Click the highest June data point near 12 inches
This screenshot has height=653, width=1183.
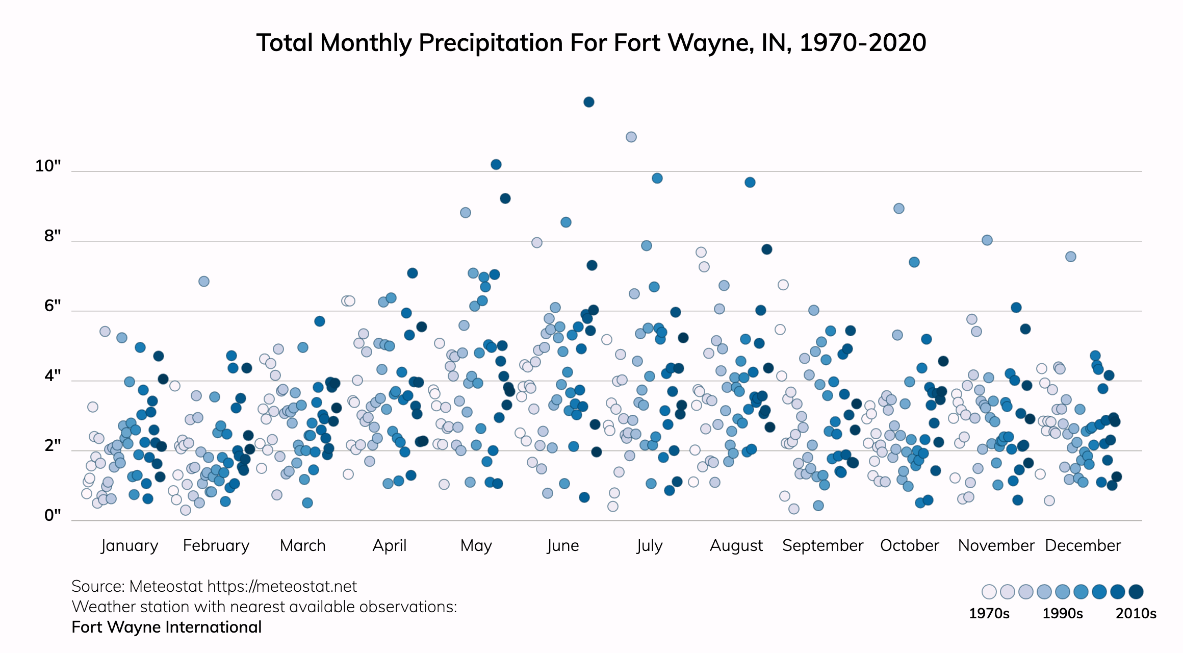(x=588, y=102)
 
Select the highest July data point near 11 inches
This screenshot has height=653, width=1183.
(x=631, y=137)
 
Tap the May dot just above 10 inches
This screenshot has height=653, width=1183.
(x=496, y=164)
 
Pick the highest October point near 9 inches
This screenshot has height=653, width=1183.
(x=898, y=208)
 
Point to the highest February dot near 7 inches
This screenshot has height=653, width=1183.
(x=203, y=281)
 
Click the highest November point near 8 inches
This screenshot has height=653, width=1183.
(x=987, y=240)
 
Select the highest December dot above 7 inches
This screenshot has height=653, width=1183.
(x=1070, y=256)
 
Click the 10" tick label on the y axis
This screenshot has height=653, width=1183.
(x=48, y=166)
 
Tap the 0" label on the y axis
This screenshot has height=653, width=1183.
(x=53, y=515)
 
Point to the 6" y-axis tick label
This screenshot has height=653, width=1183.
(x=53, y=306)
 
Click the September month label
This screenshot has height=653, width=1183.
(x=822, y=545)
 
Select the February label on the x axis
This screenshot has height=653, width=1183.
(x=216, y=545)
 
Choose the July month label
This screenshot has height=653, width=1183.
(x=649, y=545)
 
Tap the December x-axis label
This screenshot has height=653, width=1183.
(x=1083, y=545)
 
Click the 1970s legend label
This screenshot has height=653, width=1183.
(x=989, y=613)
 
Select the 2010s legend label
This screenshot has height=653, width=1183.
(x=1136, y=613)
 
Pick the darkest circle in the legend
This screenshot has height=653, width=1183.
(x=1136, y=592)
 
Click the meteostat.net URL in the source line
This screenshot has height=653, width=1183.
(x=282, y=586)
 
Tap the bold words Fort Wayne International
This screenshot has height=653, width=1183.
(x=166, y=627)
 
